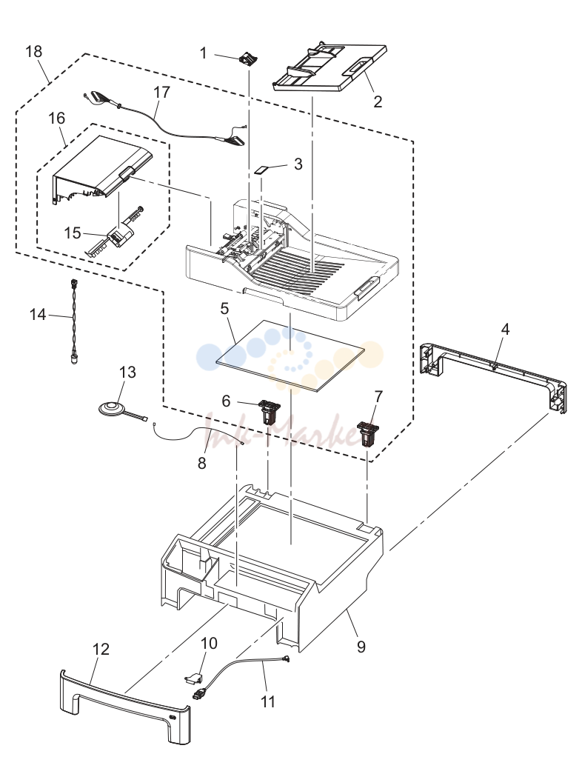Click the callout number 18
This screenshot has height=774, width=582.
click(x=34, y=51)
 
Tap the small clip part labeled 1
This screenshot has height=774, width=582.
click(x=248, y=59)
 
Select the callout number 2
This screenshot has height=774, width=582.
click(x=378, y=101)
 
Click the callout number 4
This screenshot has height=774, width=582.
click(x=505, y=329)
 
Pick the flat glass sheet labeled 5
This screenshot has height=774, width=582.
click(x=290, y=356)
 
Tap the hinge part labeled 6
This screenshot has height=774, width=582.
click(x=269, y=412)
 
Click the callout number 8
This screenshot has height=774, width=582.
click(x=201, y=463)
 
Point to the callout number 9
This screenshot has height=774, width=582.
click(x=361, y=646)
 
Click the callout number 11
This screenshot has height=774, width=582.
click(x=267, y=701)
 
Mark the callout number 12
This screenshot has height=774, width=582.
click(x=101, y=649)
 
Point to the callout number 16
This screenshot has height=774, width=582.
click(x=57, y=118)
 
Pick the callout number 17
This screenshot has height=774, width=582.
click(x=161, y=93)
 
